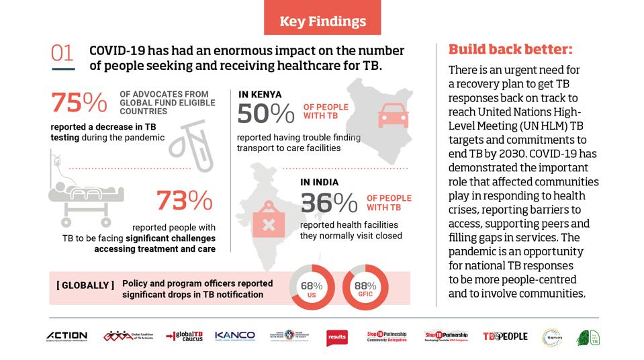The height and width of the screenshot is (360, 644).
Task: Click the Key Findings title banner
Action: pyautogui.click(x=323, y=21)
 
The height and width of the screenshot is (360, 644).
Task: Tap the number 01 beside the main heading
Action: pyautogui.click(x=62, y=54)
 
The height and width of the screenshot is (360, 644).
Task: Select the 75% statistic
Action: pyautogui.click(x=79, y=103)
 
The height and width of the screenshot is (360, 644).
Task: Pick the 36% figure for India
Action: pyautogui.click(x=328, y=202)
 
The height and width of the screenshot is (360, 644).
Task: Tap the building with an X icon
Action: pyautogui.click(x=268, y=222)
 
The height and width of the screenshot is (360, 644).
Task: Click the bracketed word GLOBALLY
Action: pyautogui.click(x=85, y=285)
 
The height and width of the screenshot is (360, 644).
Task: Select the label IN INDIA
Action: pyautogui.click(x=319, y=182)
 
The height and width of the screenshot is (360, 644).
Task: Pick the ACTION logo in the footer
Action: pyautogui.click(x=66, y=336)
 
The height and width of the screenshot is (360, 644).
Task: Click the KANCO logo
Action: pyautogui.click(x=235, y=335)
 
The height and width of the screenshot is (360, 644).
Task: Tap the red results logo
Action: pyautogui.click(x=336, y=337)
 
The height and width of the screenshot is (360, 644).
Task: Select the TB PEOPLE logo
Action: pyautogui.click(x=505, y=336)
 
